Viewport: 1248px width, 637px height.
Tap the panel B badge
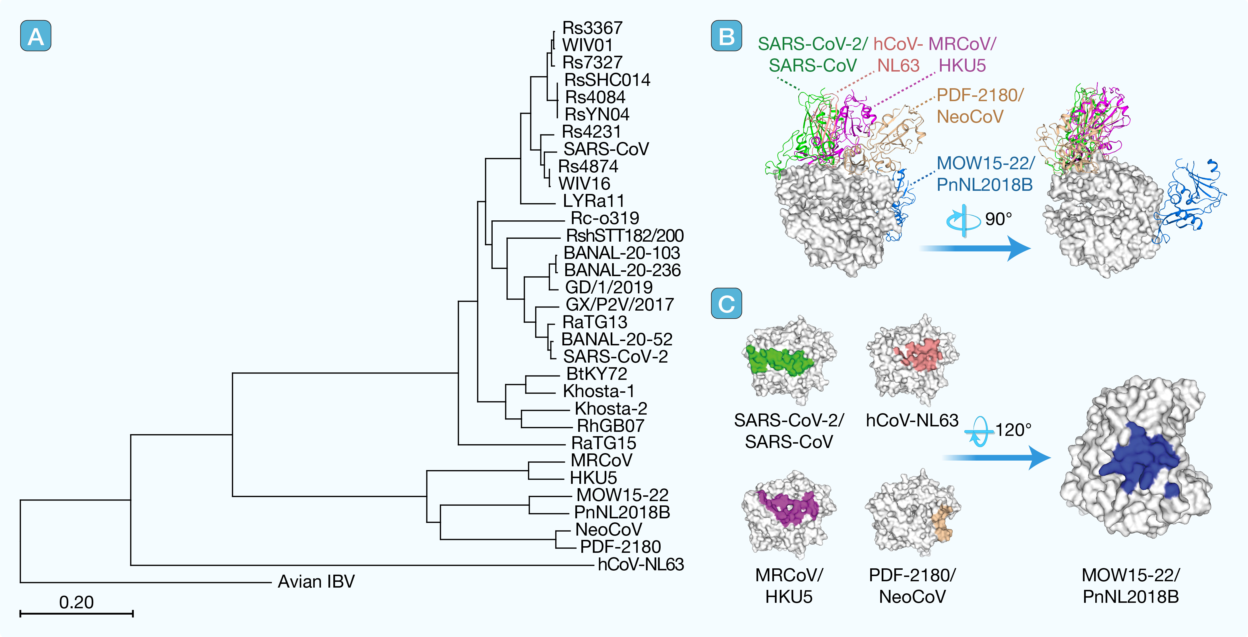726,36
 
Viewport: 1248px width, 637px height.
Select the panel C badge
726,303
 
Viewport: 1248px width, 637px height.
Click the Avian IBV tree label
316,581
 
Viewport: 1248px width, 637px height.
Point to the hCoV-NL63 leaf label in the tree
641,564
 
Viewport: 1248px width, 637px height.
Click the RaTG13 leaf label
595,322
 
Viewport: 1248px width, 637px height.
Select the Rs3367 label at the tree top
592,28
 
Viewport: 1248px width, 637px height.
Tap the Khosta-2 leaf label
610,408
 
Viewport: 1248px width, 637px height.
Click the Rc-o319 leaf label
605,218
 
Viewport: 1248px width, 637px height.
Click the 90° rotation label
999,219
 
